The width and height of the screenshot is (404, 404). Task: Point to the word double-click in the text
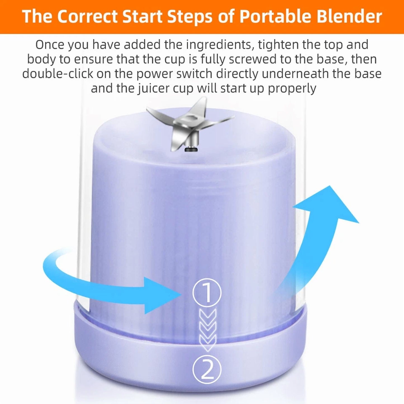point(57,74)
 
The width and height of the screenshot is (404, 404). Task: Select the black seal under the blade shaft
point(191,150)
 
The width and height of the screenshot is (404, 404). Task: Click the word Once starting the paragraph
point(50,45)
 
